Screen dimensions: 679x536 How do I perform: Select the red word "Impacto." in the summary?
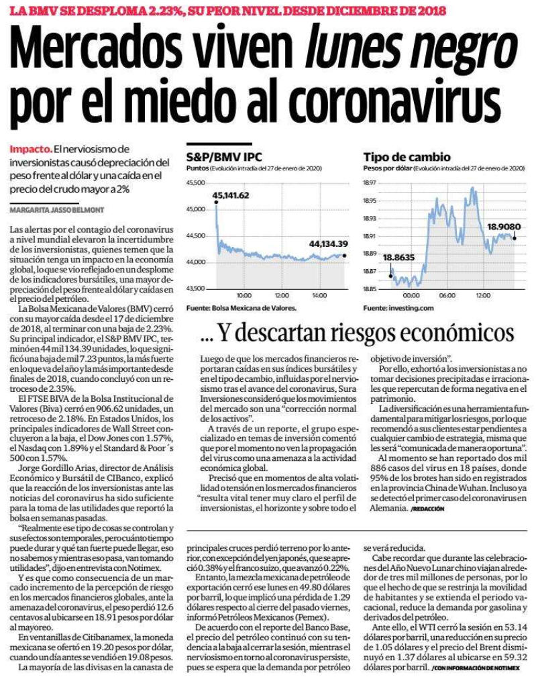[x=31, y=149]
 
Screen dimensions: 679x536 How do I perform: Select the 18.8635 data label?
[x=399, y=257]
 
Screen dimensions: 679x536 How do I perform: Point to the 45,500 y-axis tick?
[x=195, y=182]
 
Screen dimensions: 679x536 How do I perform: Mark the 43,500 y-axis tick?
[x=195, y=289]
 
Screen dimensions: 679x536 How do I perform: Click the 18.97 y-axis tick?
[x=370, y=182]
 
